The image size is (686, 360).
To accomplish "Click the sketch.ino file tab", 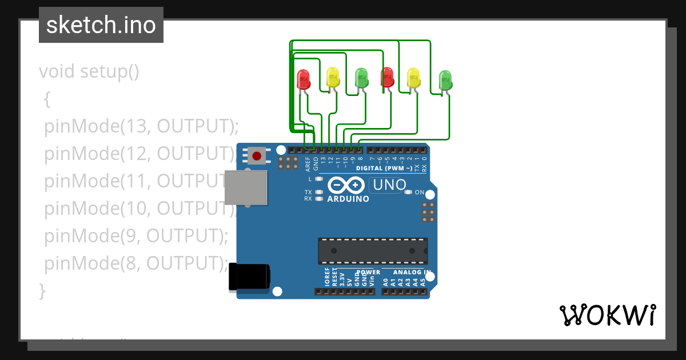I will click(101, 25).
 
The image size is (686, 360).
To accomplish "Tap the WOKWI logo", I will click(607, 315).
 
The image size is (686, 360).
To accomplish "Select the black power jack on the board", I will click(249, 277).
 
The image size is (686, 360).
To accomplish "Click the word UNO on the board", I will click(389, 185).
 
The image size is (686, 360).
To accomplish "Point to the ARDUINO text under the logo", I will click(348, 199).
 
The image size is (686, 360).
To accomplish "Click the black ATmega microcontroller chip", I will click(373, 251).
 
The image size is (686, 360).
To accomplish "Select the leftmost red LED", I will click(304, 79).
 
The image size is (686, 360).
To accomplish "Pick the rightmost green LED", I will click(445, 80).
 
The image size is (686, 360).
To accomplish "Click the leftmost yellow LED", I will click(333, 77).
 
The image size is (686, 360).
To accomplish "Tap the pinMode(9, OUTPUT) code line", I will click(136, 235).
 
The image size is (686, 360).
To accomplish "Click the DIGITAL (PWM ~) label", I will click(384, 169).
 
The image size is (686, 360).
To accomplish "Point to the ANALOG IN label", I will click(411, 272).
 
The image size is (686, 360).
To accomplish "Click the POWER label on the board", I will click(368, 272).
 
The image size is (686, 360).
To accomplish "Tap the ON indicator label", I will click(420, 193).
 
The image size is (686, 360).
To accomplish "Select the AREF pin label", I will click(308, 164).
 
